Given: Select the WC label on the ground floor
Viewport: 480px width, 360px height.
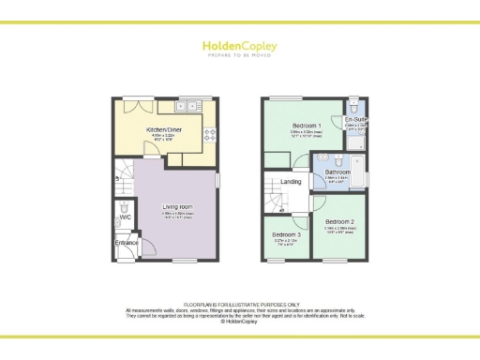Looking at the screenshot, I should (x=126, y=217).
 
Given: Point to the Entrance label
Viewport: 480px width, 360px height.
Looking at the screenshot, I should (x=127, y=243).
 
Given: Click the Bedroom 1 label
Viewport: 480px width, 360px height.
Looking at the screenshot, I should (x=306, y=126).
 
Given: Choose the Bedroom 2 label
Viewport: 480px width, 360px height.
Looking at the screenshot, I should (x=340, y=221).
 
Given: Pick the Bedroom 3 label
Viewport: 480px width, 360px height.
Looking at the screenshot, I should (x=287, y=234).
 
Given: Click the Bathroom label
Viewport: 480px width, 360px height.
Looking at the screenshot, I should (x=337, y=172).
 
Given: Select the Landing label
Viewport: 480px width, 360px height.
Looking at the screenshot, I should (x=292, y=182).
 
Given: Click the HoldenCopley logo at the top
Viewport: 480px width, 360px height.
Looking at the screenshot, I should (x=240, y=46).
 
